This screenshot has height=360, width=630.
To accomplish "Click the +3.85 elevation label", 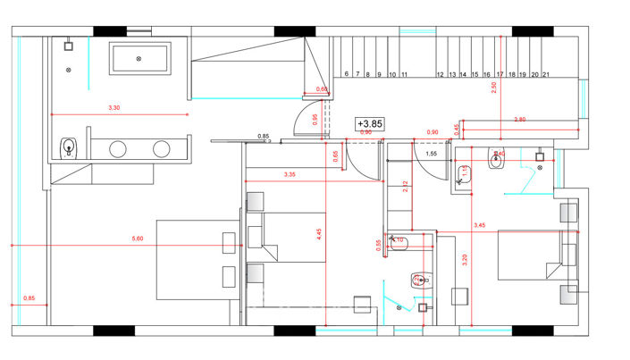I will [369, 124].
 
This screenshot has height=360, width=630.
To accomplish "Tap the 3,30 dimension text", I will [113, 108].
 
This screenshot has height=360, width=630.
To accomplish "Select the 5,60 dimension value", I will [138, 239].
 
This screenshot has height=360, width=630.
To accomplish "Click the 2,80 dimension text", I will [520, 119].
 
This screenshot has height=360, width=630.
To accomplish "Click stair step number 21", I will [545, 76].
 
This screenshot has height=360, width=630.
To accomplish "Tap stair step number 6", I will [345, 76].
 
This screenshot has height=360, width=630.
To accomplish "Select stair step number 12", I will [441, 76].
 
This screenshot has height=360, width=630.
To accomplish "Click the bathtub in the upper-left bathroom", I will [139, 59].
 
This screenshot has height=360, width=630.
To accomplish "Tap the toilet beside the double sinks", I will [70, 147].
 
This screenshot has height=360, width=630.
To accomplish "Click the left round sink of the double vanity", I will [118, 148].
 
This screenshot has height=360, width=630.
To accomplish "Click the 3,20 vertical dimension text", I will [464, 261].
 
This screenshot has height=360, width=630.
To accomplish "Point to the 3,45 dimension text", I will [480, 225].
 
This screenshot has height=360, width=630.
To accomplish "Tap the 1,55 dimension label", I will [431, 155].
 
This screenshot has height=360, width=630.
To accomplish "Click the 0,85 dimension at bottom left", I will [29, 297].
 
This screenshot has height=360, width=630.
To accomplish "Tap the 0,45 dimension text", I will [457, 127].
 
